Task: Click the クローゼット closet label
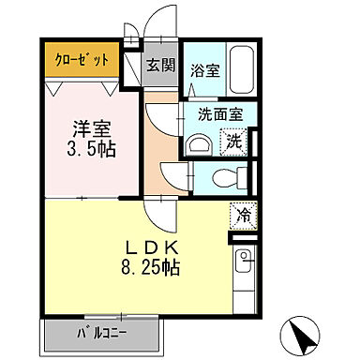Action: tap(83, 59)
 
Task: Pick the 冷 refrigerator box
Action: tap(243, 215)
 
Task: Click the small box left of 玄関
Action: tap(131, 59)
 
